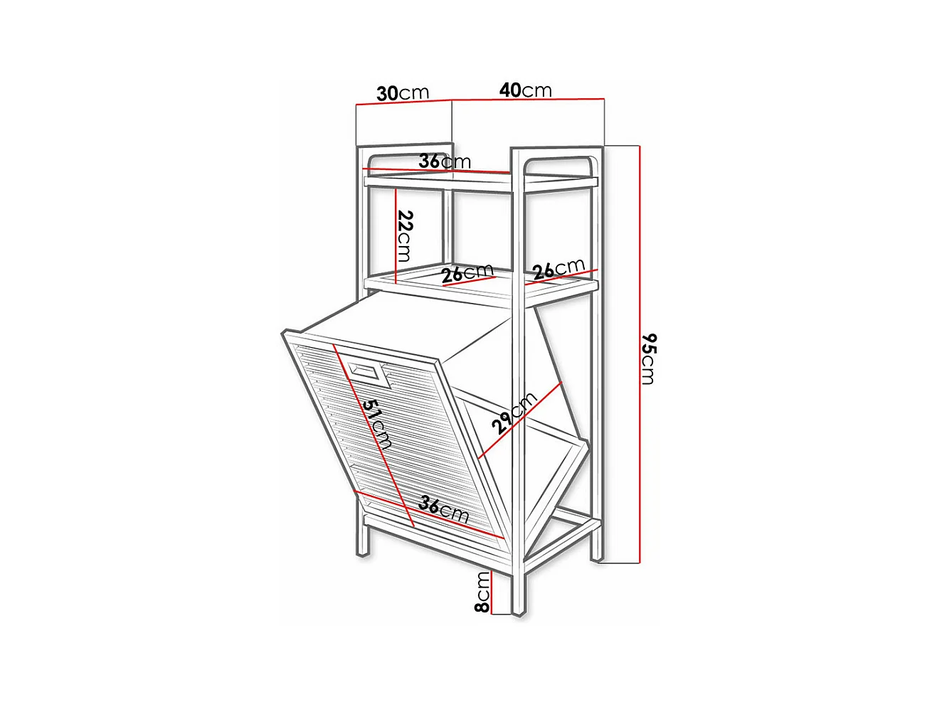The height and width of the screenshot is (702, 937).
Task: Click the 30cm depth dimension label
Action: click(402, 93)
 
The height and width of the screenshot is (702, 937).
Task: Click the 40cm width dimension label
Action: click(525, 90)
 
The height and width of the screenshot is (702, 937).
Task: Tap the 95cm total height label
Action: click(648, 358)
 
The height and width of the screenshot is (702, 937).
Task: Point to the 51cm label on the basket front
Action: click(376, 425)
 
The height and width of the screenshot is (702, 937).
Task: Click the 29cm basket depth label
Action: click(514, 413)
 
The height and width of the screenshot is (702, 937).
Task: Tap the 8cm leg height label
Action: click(482, 592)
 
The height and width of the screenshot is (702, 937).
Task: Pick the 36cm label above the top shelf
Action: click(445, 161)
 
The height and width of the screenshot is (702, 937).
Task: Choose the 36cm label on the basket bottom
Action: click(443, 509)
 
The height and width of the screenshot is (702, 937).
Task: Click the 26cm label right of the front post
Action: click(559, 269)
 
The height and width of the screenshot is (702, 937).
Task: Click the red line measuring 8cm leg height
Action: click(492, 592)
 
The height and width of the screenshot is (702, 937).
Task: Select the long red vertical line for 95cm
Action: click(640, 354)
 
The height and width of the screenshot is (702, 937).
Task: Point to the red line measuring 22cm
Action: click(396, 236)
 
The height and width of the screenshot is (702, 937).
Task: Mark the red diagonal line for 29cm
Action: click(519, 420)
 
